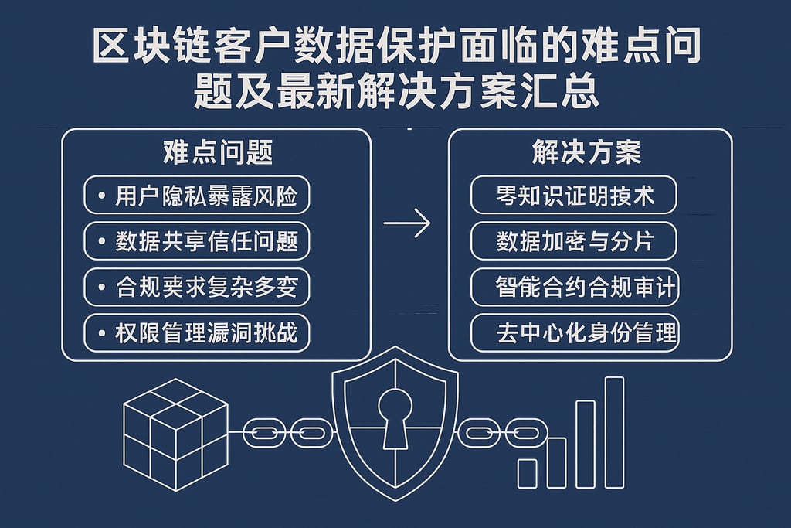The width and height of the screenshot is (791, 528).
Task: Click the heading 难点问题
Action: (218, 153)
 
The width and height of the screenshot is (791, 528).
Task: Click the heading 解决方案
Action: (586, 153)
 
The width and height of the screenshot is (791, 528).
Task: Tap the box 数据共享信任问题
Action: (196, 242)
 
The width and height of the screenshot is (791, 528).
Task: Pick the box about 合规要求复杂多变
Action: (196, 288)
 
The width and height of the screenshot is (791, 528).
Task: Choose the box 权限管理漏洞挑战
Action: (196, 333)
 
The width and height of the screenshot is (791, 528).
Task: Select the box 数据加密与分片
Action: (574, 242)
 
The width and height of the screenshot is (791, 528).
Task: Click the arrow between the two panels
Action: (407, 225)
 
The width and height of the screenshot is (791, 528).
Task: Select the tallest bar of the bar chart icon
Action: (614, 431)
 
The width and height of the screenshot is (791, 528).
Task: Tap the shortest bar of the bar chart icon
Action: (527, 472)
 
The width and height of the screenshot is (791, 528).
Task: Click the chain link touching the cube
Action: (262, 432)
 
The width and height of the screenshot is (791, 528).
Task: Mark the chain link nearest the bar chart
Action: (525, 432)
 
